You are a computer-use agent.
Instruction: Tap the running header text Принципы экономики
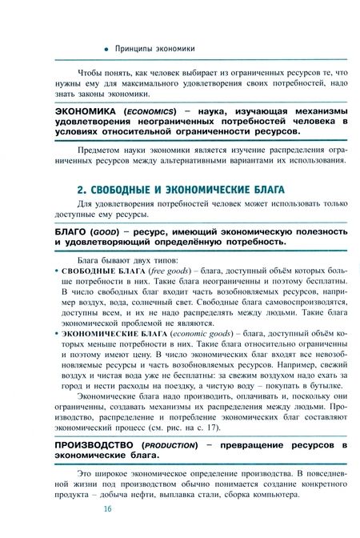155,48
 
